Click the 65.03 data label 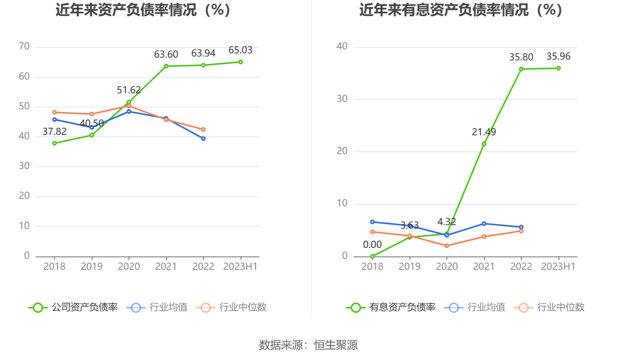click(240, 50)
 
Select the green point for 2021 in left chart click(166, 66)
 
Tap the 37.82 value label click(54, 132)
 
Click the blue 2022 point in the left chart click(203, 138)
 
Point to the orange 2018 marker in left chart click(54, 113)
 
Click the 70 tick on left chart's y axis click(24, 47)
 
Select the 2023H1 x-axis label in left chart click(240, 267)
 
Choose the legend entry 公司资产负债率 click(73, 307)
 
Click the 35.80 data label click(521, 57)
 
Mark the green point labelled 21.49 click(484, 144)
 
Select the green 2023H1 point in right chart click(559, 68)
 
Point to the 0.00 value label click(372, 245)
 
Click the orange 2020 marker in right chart click(447, 246)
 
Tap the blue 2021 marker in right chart click(484, 224)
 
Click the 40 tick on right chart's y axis click(342, 47)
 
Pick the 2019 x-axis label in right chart click(409, 267)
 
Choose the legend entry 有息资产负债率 click(391, 307)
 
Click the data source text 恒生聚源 click(336, 345)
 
